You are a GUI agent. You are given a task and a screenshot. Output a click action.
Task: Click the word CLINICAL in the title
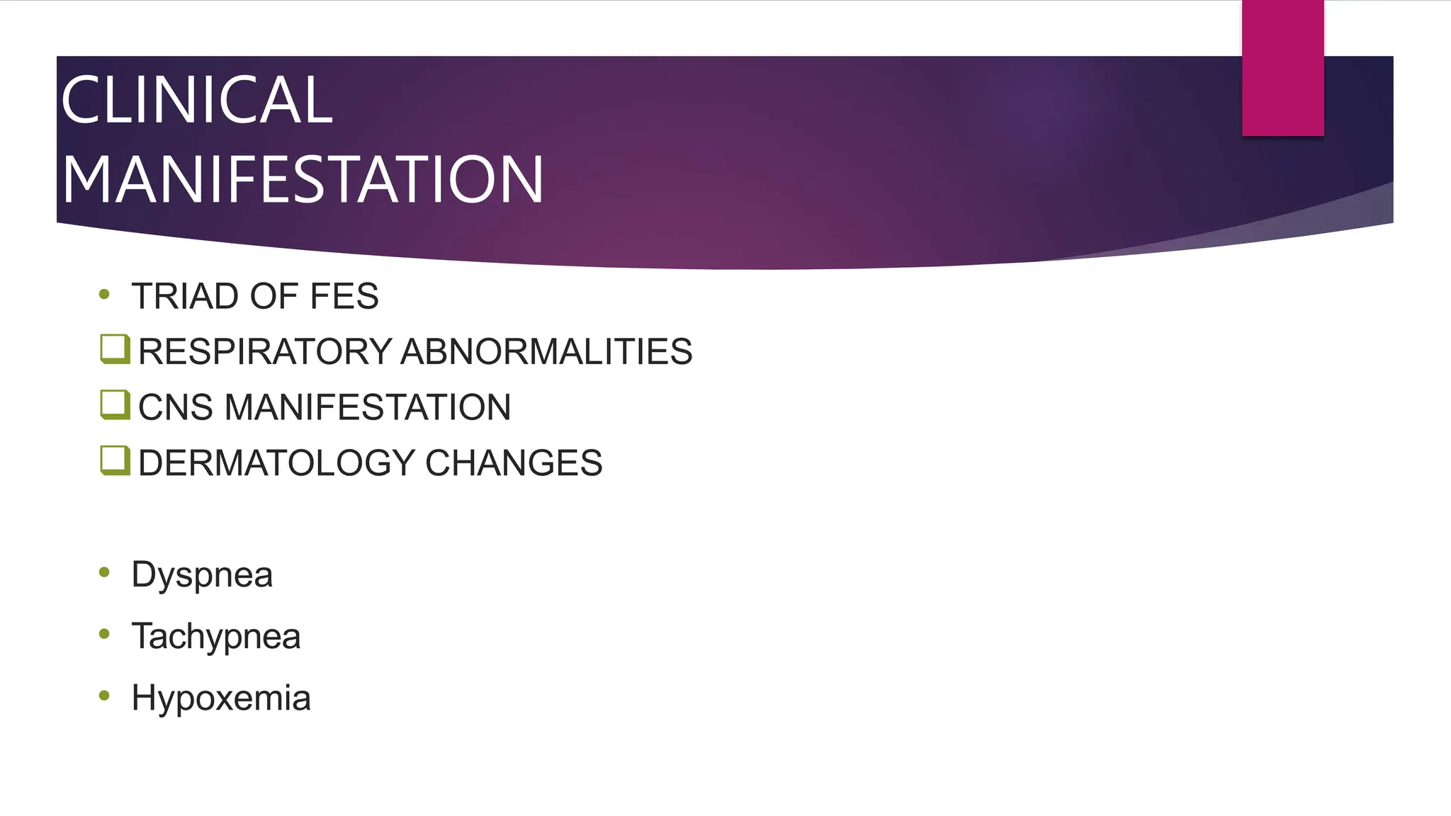(196, 101)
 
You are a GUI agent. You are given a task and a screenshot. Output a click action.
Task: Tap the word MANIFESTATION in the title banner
(303, 180)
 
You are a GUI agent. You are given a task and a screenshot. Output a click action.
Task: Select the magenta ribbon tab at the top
(1282, 68)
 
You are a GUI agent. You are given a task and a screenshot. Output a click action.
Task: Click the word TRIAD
(185, 296)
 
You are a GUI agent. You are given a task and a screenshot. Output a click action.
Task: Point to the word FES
(344, 296)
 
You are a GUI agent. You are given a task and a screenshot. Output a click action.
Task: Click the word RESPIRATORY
(265, 352)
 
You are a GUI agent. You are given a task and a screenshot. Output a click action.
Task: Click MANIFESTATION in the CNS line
(368, 407)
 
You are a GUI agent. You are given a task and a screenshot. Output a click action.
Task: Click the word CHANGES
(514, 463)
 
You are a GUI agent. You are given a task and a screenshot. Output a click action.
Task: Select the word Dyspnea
(202, 574)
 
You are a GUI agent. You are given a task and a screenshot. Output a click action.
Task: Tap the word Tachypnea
(216, 636)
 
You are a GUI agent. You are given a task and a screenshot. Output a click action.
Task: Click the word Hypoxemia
(221, 698)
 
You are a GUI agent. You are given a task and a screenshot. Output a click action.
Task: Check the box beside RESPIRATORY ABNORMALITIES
(115, 349)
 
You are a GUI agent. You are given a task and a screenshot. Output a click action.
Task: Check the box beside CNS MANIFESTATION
(115, 404)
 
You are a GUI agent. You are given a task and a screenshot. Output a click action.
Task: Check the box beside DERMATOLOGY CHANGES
(115, 460)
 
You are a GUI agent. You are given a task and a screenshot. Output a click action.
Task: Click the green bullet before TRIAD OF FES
(105, 295)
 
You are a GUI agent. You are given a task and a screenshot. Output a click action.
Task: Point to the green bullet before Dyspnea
(105, 572)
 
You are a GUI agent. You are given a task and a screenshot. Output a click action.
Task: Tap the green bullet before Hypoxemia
(105, 696)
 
